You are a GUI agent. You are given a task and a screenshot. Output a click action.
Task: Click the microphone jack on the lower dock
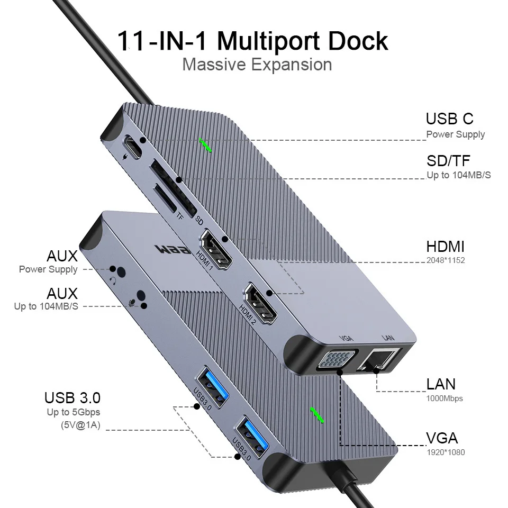point(141,298)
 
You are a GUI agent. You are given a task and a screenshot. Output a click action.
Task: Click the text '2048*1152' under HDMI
point(446,260)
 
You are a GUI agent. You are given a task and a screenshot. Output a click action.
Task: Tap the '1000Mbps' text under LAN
point(444,398)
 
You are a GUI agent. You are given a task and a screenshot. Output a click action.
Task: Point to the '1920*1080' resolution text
point(446,452)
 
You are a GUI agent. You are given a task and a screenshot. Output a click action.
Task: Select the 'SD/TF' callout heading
point(448,160)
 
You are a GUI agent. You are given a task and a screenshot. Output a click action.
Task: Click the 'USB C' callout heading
point(449,119)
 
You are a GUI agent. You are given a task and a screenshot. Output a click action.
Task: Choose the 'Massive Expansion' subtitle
point(257,65)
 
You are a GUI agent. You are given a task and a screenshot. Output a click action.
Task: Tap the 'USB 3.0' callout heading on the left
point(72,397)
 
